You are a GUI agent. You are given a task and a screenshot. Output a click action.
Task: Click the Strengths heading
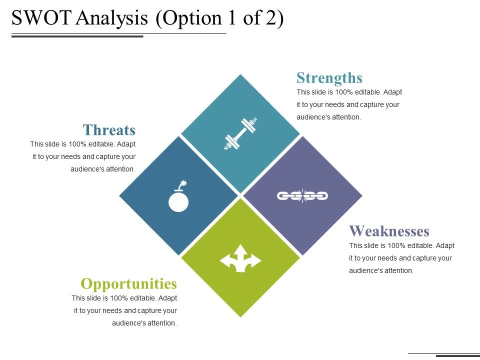coord(329,78)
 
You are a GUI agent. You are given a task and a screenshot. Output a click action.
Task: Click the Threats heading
coord(109,130)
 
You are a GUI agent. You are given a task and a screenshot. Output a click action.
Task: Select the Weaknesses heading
coord(389,231)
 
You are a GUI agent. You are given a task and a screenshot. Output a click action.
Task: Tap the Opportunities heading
coord(128,284)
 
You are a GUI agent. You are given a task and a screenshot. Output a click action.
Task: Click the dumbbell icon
coord(240,133)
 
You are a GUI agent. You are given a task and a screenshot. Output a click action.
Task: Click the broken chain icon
coord(302,195)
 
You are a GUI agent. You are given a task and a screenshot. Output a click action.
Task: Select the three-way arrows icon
coord(240,258)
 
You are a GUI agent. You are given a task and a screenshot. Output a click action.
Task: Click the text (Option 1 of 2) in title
coord(219,18)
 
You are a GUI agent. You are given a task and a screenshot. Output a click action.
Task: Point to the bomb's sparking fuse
coord(183,184)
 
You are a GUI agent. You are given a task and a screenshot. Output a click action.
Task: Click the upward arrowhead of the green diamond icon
coord(240,248)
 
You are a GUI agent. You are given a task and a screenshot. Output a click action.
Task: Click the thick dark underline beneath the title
coord(77,36)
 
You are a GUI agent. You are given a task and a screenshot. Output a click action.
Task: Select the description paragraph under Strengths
coord(349,105)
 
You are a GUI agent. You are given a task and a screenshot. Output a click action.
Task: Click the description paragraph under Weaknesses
coord(401,258)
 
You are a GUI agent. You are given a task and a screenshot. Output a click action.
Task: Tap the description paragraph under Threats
coord(83,156)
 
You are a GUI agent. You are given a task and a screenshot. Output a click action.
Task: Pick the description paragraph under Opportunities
coord(124,310)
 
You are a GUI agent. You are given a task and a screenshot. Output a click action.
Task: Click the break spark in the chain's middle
coord(302,195)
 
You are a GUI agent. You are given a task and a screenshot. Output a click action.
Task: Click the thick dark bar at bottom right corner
coord(457,356)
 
